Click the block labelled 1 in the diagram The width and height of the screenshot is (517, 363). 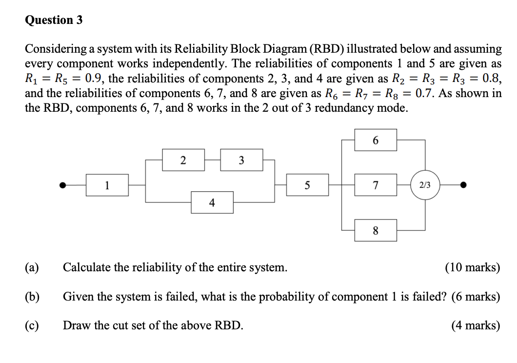pyautogui.click(x=107, y=185)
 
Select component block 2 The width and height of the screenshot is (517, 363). pyautogui.click(x=183, y=160)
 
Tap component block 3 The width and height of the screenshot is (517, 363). pyautogui.click(x=241, y=160)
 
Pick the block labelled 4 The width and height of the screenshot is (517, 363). pyautogui.click(x=212, y=202)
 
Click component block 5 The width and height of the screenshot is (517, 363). pyautogui.click(x=307, y=185)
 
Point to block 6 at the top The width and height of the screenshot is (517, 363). pyautogui.click(x=375, y=140)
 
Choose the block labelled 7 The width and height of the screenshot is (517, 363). pyautogui.click(x=375, y=185)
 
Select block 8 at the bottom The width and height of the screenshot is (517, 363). pyautogui.click(x=375, y=231)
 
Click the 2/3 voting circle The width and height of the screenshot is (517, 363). pyautogui.click(x=425, y=185)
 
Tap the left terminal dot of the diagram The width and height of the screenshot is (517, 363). pyautogui.click(x=62, y=185)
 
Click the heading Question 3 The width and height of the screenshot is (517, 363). pyautogui.click(x=54, y=20)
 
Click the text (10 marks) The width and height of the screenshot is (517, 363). pyautogui.click(x=472, y=267)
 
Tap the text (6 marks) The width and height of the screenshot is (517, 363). pyautogui.click(x=476, y=296)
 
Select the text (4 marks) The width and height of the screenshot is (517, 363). pyautogui.click(x=476, y=325)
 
